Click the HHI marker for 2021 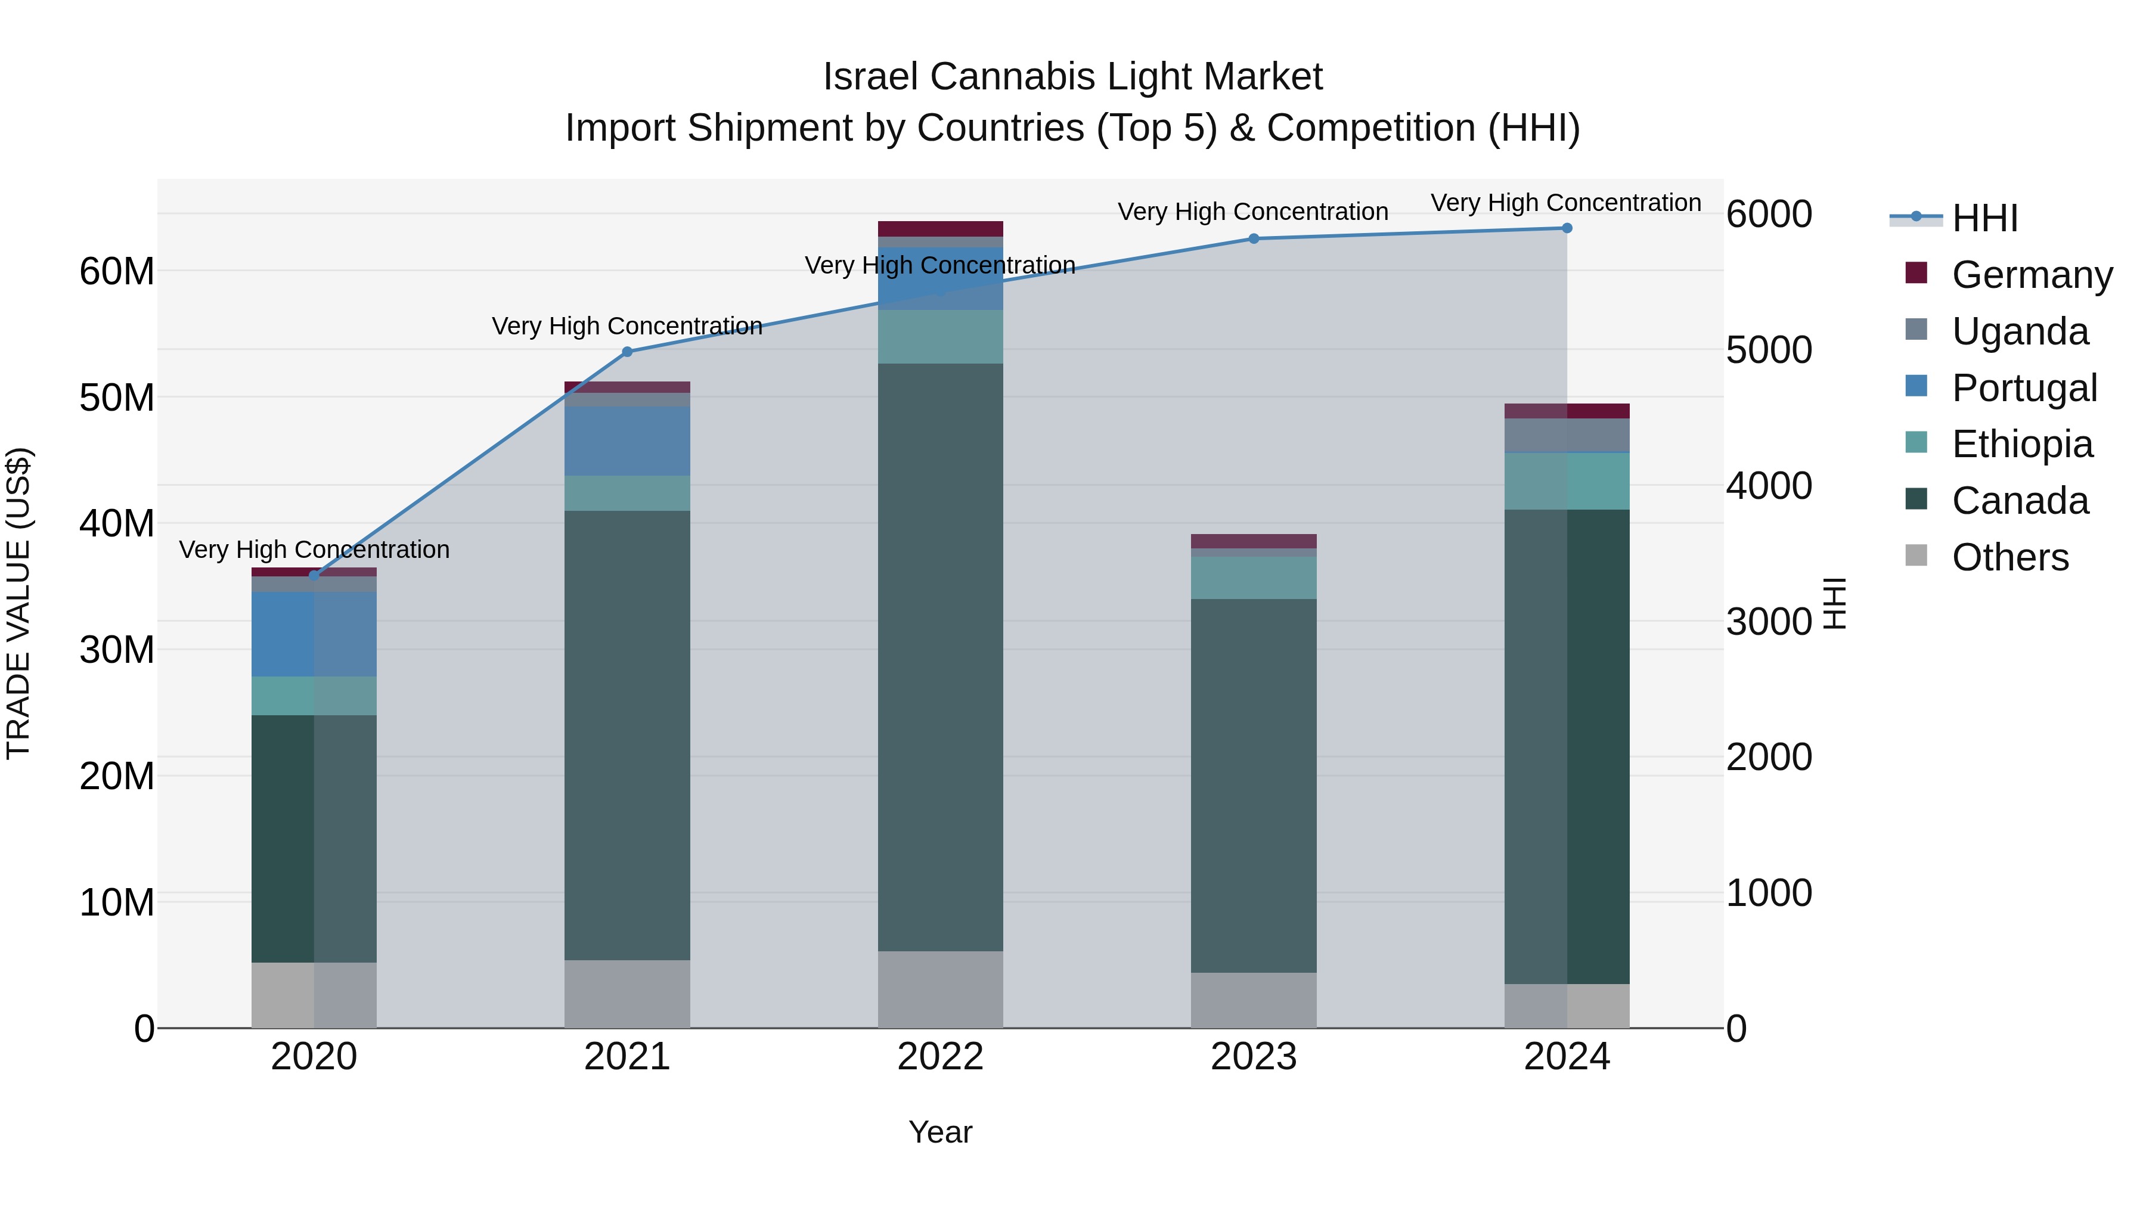pos(627,352)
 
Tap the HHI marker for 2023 pos(1254,238)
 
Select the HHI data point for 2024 pos(1567,228)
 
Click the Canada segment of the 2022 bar pos(941,658)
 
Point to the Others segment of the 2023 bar pos(1254,1000)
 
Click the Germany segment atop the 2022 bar pos(941,229)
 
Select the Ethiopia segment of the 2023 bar pos(1254,578)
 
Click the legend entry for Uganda pos(2020,331)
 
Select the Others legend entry pos(2009,557)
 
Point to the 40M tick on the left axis pos(117,524)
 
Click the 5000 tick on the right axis pos(1768,350)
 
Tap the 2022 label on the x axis pos(941,1057)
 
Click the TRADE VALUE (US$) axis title pos(18,603)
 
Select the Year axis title pos(941,1132)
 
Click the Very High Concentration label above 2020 pos(314,550)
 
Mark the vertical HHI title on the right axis pos(1834,603)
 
